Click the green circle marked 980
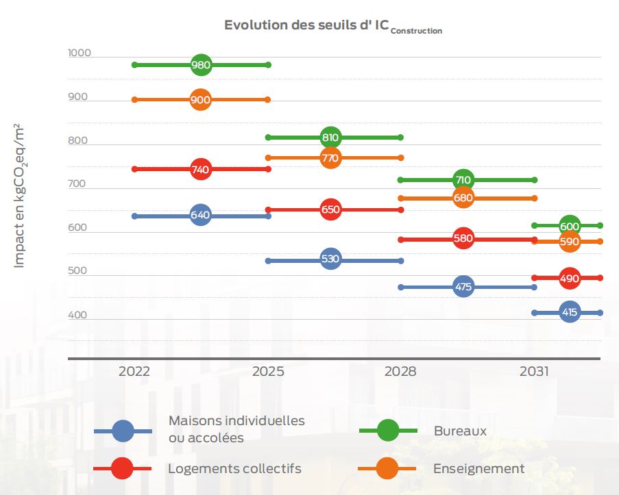coord(200,65)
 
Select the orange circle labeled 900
coord(200,100)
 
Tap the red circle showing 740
coord(200,169)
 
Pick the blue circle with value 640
coord(200,215)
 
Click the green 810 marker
coord(330,138)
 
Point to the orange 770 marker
coord(330,158)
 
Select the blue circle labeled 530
coord(330,259)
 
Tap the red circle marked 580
coord(463,239)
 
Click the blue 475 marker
coord(463,287)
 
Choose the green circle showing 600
coord(570,226)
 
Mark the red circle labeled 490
coord(570,279)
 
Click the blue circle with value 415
coord(570,313)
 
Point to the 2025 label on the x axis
coord(267,372)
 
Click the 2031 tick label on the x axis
coord(534,372)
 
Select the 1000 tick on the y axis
coord(80,53)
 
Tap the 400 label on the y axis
coord(77,316)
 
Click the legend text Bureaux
coord(460,431)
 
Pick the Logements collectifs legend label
coord(234,468)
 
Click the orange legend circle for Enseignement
coord(387,468)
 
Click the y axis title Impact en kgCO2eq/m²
coord(20,196)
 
